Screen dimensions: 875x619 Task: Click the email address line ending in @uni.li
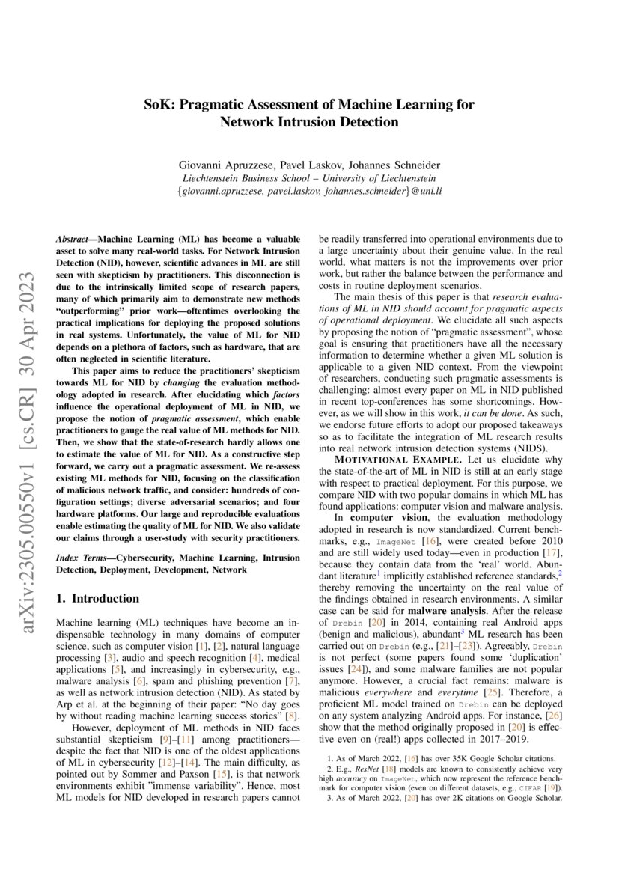309,192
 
